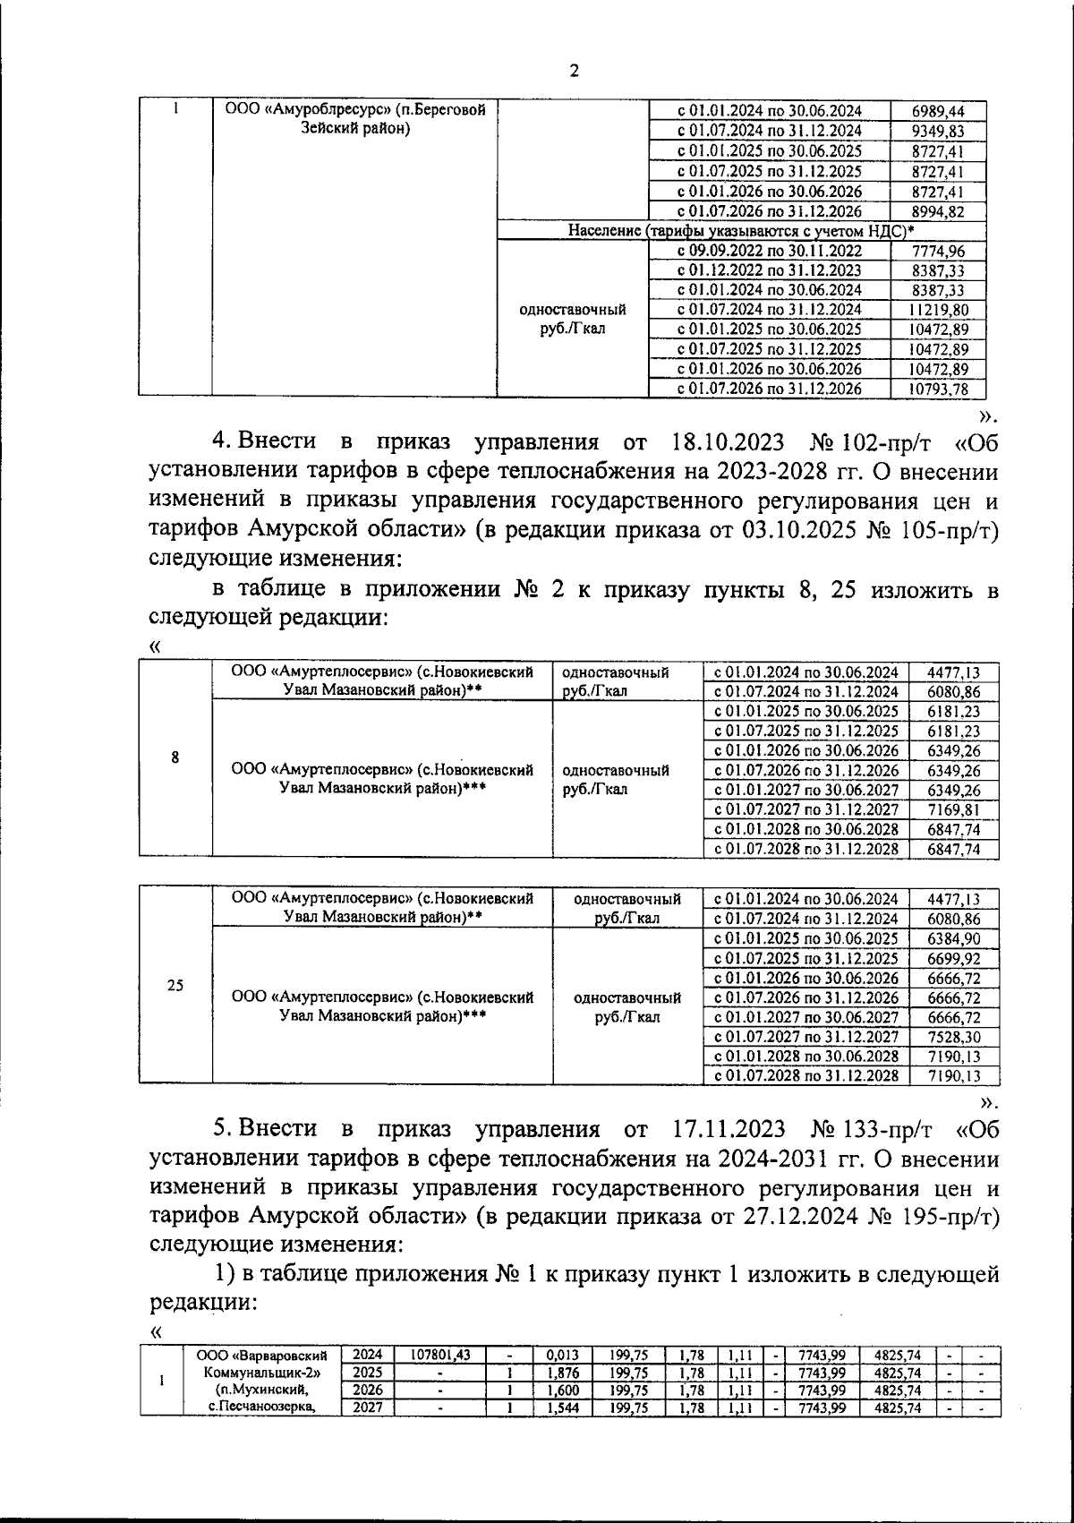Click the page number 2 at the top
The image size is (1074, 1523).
click(x=574, y=72)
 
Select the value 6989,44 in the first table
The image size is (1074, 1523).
click(x=937, y=111)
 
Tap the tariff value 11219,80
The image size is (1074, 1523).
click(x=937, y=309)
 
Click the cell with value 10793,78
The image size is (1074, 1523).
click(x=937, y=389)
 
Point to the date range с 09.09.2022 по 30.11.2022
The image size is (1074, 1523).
click(x=770, y=251)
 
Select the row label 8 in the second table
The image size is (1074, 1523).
click(x=175, y=757)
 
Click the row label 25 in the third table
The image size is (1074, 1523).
click(x=175, y=985)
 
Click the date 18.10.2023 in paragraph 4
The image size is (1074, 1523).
click(x=727, y=441)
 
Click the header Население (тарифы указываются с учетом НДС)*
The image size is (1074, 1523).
click(x=741, y=231)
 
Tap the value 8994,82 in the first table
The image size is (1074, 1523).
click(x=937, y=211)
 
